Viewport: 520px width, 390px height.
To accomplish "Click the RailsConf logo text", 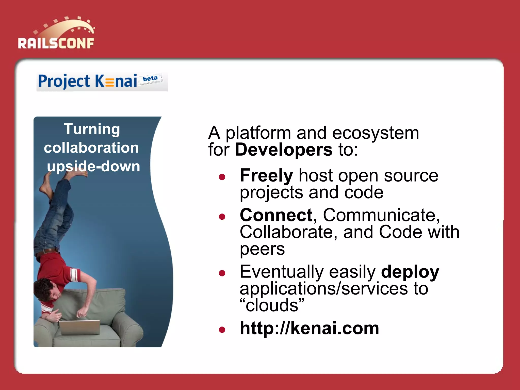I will pos(56,43).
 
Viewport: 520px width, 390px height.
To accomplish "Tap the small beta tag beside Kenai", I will pos(150,79).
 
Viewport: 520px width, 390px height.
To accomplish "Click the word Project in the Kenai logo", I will pos(64,81).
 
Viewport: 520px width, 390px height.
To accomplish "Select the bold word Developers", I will pos(283,150).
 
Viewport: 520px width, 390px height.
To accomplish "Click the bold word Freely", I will pos(266,175).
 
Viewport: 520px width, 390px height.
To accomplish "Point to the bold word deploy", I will pos(410,272).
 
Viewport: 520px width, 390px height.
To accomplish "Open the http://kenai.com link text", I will pos(309,328).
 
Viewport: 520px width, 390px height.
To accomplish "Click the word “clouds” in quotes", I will pos(272,305).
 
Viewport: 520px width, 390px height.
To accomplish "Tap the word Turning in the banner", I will pos(92,129).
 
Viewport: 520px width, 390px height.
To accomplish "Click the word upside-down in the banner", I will pos(93,166).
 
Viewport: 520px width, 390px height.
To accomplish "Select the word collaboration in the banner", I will pos(91,148).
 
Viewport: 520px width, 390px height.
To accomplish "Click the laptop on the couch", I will pos(80,328).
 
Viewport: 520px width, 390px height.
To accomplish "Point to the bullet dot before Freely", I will pos(222,177).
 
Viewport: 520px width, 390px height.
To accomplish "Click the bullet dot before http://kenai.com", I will pos(222,330).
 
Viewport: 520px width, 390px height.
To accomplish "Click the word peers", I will pos(262,249).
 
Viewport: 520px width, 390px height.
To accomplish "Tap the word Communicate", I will pos(381,215).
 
